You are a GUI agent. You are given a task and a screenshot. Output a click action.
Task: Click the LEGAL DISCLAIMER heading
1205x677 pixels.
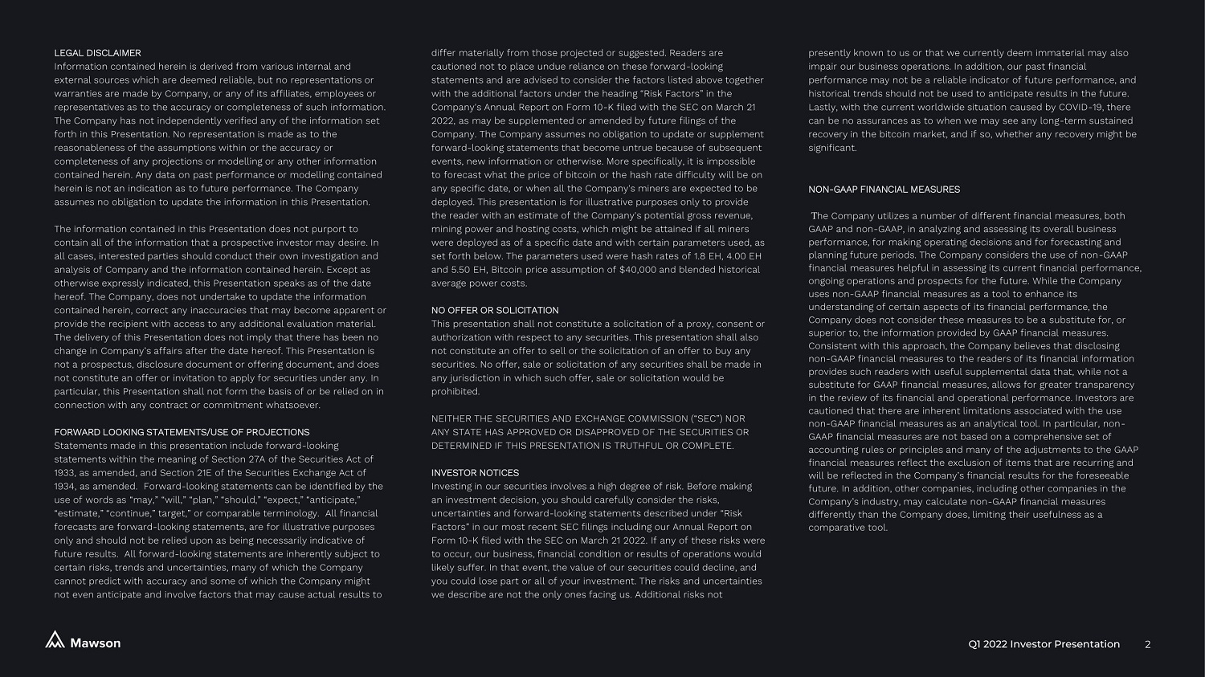97,53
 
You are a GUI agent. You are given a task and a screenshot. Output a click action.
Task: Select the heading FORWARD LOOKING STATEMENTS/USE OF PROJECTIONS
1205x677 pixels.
182,432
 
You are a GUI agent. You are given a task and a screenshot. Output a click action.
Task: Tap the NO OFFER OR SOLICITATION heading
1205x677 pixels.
495,310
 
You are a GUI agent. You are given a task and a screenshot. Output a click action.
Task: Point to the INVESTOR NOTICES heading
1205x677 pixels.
475,473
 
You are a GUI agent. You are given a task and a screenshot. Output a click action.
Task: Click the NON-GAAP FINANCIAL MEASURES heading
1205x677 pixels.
884,190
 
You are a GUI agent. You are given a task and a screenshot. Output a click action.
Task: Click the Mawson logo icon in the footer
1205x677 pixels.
55,640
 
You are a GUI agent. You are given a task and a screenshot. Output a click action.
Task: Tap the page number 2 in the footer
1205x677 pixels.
1147,644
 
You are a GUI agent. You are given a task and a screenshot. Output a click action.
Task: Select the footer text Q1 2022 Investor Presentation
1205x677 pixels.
1044,644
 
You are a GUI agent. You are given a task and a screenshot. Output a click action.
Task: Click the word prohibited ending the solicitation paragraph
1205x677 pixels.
455,392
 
